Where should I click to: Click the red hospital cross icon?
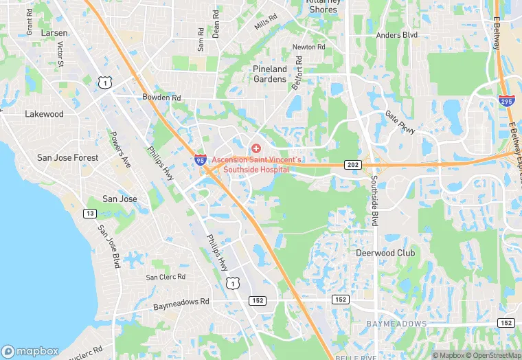[x=256, y=148]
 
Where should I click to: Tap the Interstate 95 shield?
[x=200, y=160]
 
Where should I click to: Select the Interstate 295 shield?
[x=505, y=101]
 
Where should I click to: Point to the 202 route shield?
[x=352, y=165]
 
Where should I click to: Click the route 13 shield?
[x=90, y=214]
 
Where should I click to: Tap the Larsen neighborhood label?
[x=54, y=33]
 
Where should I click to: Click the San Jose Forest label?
[x=67, y=157]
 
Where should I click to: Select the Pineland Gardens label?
[x=270, y=74]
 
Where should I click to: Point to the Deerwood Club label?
[x=385, y=253]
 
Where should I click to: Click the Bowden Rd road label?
[x=161, y=98]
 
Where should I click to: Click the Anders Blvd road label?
[x=397, y=34]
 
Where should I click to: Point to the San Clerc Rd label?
[x=166, y=277]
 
